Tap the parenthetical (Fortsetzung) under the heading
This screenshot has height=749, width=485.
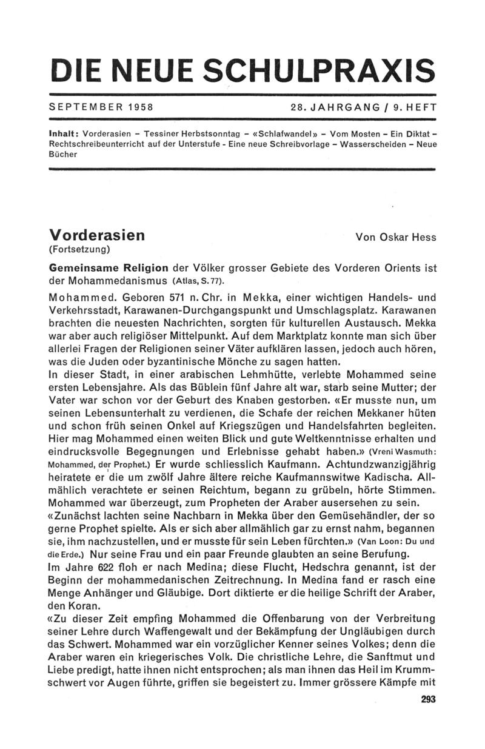(79, 249)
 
